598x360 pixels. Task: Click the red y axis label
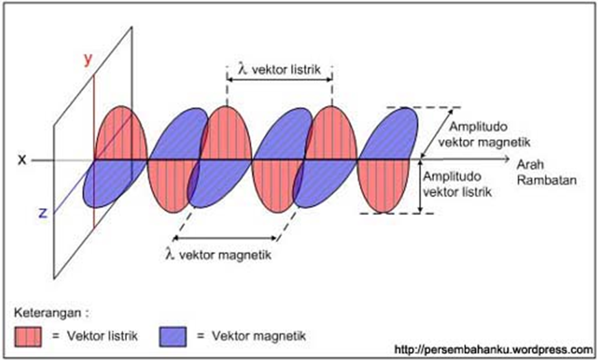pyautogui.click(x=88, y=59)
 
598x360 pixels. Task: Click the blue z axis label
pyautogui.click(x=43, y=212)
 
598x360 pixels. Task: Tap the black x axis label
pyautogui.click(x=22, y=159)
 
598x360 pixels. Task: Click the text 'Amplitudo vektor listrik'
pyautogui.click(x=458, y=185)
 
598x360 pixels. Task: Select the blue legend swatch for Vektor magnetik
pyautogui.click(x=174, y=336)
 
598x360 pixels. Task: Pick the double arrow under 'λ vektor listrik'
pyautogui.click(x=280, y=80)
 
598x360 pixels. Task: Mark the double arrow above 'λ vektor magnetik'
pyautogui.click(x=226, y=238)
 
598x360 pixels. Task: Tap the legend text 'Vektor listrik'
pyautogui.click(x=102, y=336)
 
